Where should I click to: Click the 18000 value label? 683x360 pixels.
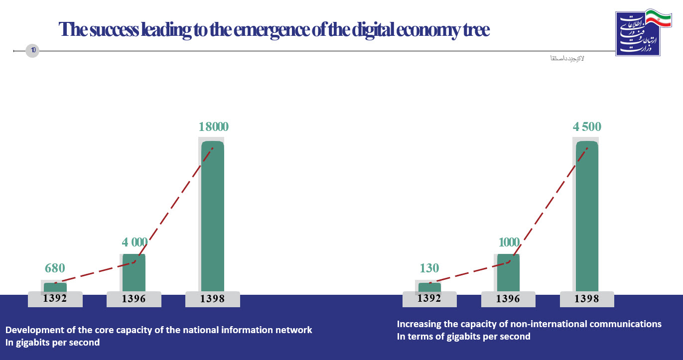[213, 127]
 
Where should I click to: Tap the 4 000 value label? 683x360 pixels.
[135, 242]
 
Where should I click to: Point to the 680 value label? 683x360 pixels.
[55, 268]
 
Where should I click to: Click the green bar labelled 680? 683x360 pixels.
[55, 287]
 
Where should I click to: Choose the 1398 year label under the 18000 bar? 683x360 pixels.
[213, 299]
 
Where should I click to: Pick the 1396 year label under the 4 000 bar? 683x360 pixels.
[134, 299]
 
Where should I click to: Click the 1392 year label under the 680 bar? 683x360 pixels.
[55, 299]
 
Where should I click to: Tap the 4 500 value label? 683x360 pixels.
[587, 127]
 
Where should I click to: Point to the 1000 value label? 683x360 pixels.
[508, 242]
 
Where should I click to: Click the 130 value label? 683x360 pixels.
[429, 268]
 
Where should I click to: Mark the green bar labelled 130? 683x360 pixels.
[429, 287]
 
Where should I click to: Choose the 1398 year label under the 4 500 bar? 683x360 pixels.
[587, 299]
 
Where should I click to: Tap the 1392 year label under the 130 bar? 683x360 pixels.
[429, 299]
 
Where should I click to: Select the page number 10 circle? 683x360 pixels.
[32, 50]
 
